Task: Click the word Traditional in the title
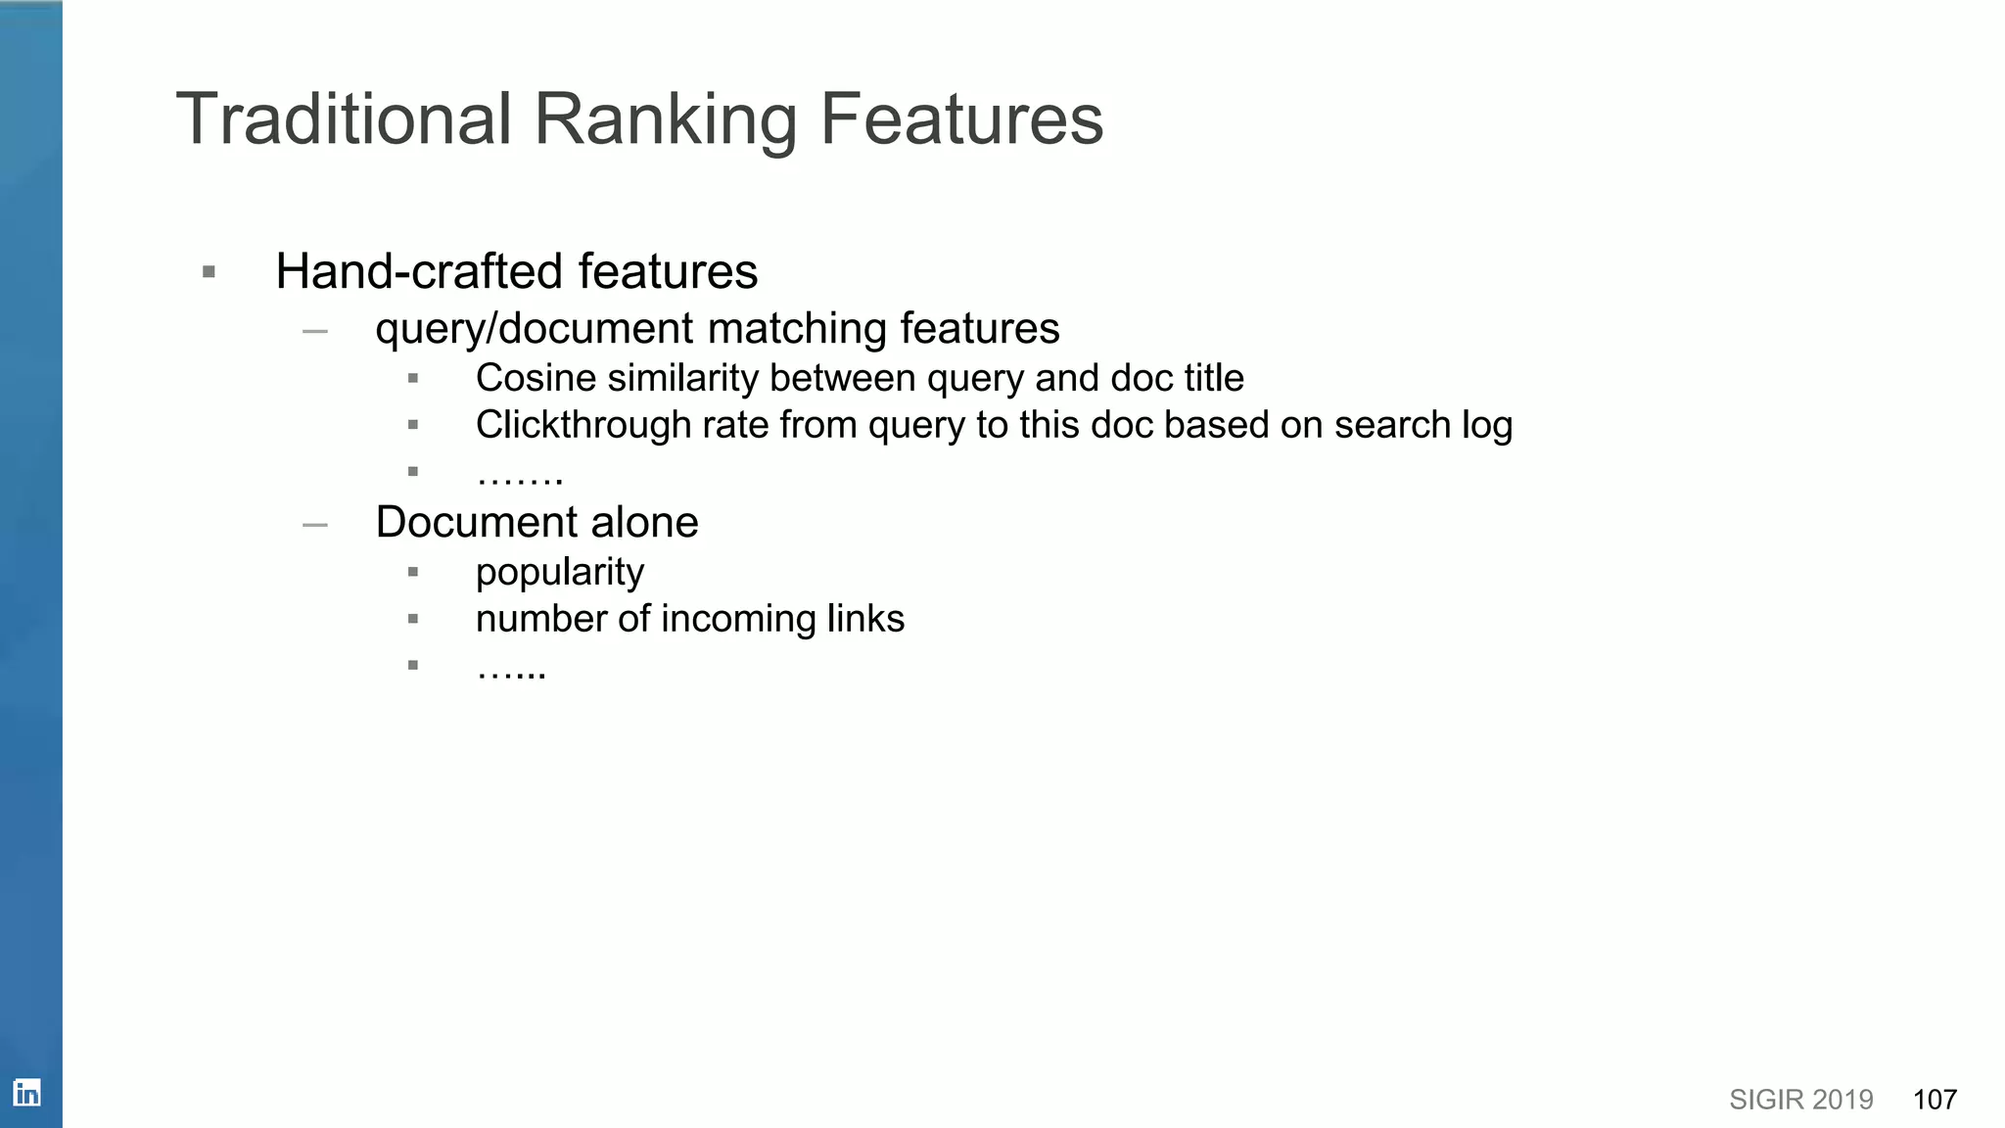344,119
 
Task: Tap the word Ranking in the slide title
665,119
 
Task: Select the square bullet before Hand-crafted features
209,272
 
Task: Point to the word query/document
534,328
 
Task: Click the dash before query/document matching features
315,331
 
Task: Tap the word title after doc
1213,378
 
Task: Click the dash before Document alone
315,525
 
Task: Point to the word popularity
560,573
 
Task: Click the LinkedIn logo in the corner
26,1092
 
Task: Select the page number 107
1935,1100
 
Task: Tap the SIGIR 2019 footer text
1800,1100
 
